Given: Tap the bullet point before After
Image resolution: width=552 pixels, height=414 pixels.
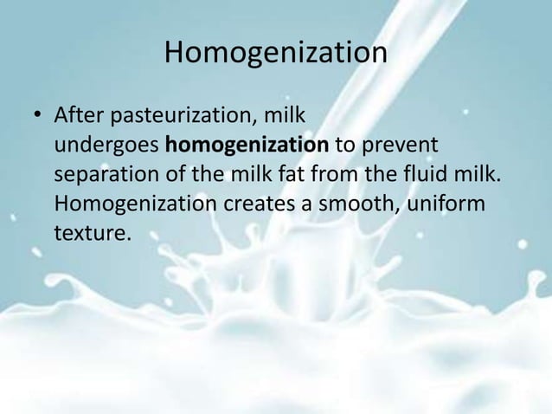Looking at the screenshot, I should [36, 115].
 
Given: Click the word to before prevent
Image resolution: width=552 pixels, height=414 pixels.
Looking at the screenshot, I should [346, 145].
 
